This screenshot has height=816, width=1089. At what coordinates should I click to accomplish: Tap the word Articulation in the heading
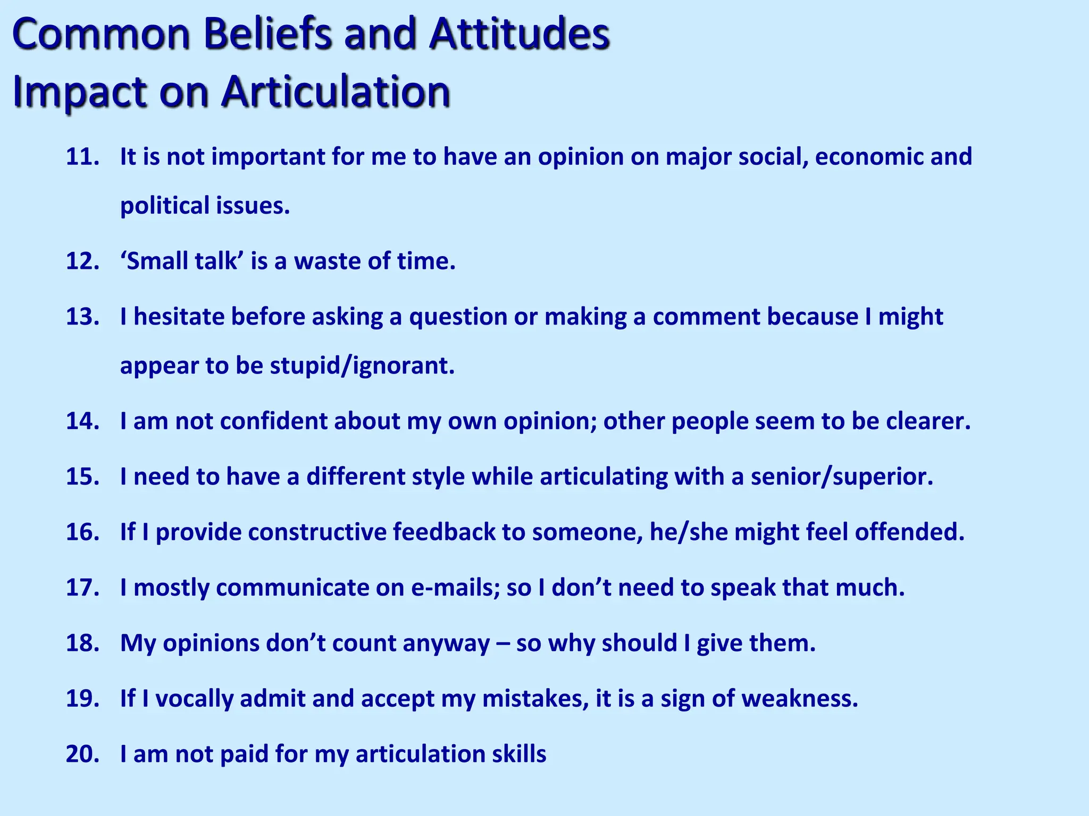point(336,91)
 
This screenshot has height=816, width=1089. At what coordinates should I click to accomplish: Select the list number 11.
point(82,157)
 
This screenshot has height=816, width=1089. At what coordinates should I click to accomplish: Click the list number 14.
point(82,421)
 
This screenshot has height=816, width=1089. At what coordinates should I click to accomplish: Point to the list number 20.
point(82,754)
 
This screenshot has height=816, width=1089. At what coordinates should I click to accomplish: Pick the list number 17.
point(82,588)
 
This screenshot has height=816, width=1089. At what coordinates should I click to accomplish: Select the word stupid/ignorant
point(362,366)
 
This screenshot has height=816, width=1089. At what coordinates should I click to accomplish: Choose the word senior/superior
point(842,477)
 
